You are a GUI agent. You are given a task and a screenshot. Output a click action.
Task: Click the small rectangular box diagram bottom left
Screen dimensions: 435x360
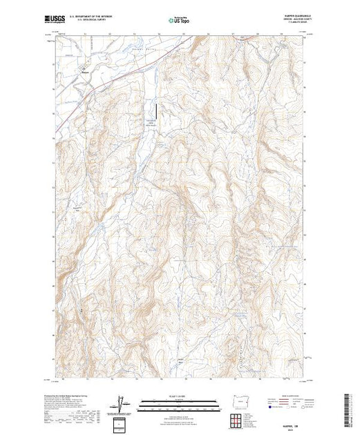122,423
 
